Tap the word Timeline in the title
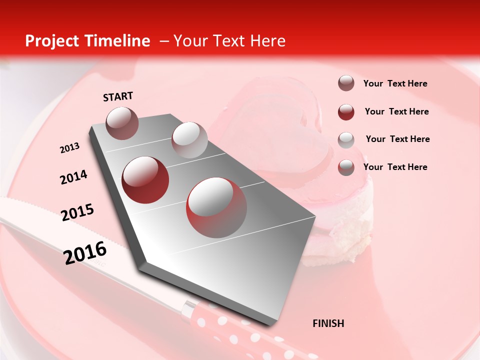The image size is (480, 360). pyautogui.click(x=119, y=41)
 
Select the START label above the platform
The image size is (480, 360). pyautogui.click(x=118, y=96)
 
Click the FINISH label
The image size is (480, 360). pyautogui.click(x=328, y=323)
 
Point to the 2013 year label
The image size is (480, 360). pyautogui.click(x=69, y=148)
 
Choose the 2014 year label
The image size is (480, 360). pyautogui.click(x=73, y=177)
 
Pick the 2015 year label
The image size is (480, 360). pyautogui.click(x=77, y=212)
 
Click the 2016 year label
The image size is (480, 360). pyautogui.click(x=85, y=252)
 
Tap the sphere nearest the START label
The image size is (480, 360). pyautogui.click(x=122, y=123)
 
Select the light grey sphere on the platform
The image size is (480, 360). pyautogui.click(x=189, y=140)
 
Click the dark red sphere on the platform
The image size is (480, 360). pyautogui.click(x=145, y=179)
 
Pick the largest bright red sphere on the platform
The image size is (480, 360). pyautogui.click(x=216, y=207)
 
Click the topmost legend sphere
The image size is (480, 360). pyautogui.click(x=346, y=83)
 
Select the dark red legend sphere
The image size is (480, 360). pyautogui.click(x=346, y=111)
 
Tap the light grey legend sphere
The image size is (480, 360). pyautogui.click(x=346, y=139)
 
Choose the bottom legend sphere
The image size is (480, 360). pyautogui.click(x=346, y=167)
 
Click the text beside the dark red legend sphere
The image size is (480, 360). pyautogui.click(x=396, y=111)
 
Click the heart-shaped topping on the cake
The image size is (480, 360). pyautogui.click(x=280, y=135)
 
